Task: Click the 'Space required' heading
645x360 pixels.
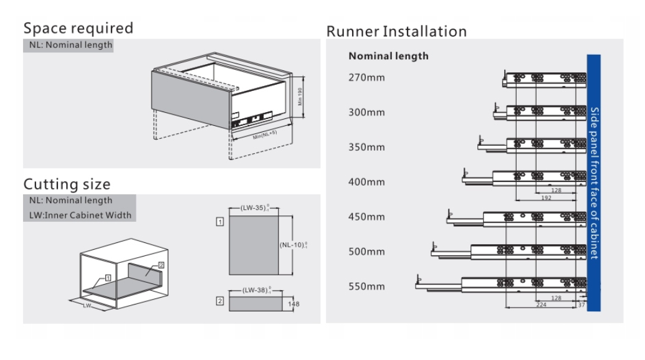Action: coord(79,29)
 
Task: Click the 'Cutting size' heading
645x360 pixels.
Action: coord(67,184)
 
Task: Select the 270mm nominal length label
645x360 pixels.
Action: coord(366,78)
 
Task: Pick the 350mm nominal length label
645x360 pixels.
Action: coord(366,148)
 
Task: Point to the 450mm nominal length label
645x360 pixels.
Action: coord(366,217)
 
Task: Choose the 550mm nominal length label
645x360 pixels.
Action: coord(366,287)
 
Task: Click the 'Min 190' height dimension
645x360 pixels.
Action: coord(300,97)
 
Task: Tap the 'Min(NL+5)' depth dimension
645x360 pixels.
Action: coord(265,134)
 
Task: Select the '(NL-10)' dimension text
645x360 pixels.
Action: coord(293,245)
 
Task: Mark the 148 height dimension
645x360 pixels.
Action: coord(295,304)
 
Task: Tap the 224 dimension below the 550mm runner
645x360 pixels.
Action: coord(542,305)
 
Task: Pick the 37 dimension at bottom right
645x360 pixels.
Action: coord(581,305)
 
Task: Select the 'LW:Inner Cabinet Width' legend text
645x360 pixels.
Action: coord(80,216)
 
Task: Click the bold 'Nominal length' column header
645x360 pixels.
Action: coord(388,56)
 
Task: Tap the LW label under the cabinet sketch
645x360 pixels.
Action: coord(87,306)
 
